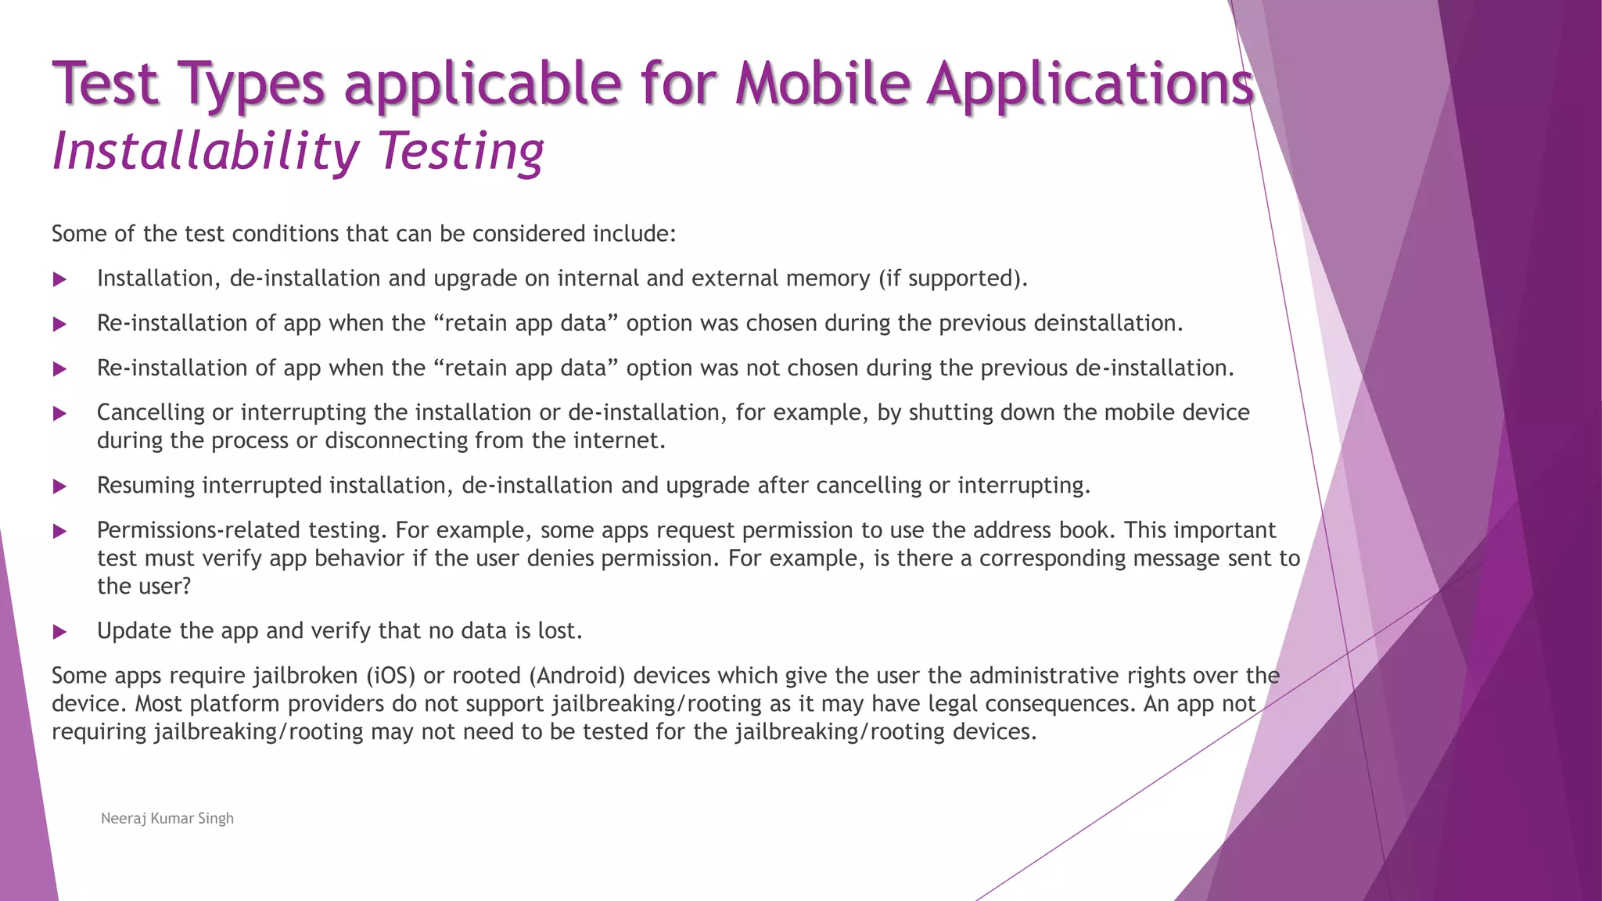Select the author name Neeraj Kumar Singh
(167, 818)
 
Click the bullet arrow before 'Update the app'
(59, 631)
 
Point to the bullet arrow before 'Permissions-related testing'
(59, 531)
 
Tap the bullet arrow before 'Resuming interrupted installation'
(59, 486)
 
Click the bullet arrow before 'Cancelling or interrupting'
(59, 413)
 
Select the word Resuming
(146, 486)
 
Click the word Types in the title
(250, 84)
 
